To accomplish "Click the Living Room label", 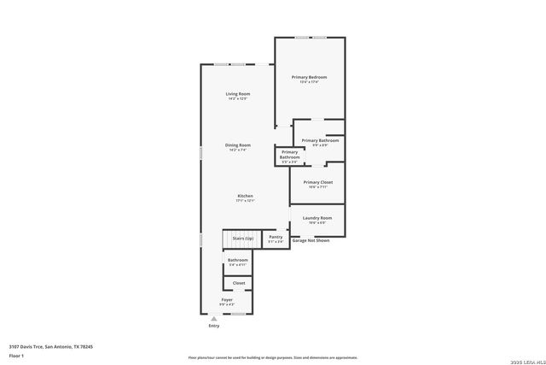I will click(238, 93).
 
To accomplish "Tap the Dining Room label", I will click(238, 145).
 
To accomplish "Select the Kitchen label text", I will click(245, 196).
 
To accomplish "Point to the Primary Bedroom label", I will click(309, 77).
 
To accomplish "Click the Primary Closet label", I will click(317, 182).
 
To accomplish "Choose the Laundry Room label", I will click(317, 218).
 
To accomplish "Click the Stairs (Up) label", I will click(243, 238).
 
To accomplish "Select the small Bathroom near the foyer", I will click(238, 262).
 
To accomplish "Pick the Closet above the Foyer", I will click(239, 283).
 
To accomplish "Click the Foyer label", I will click(227, 300).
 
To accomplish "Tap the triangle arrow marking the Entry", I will click(214, 319).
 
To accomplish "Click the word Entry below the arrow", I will click(214, 327).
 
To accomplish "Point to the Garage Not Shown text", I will click(311, 241).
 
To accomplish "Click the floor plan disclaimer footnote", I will click(272, 358).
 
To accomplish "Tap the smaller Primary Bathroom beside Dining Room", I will click(290, 155).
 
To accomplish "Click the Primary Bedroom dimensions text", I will click(309, 82).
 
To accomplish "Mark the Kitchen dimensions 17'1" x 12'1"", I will click(245, 201).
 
